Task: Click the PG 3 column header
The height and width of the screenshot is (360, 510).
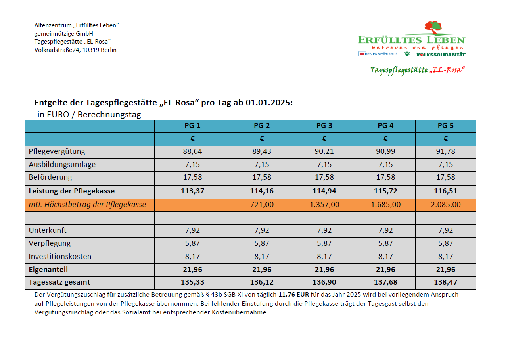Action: [324, 126]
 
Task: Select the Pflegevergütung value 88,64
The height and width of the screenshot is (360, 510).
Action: [192, 151]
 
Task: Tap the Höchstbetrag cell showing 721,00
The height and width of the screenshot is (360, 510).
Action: [262, 205]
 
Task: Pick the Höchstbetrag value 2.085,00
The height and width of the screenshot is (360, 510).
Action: [445, 205]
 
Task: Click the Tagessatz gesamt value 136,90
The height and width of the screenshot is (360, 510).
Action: [324, 282]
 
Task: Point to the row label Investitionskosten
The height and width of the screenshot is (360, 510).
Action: [60, 257]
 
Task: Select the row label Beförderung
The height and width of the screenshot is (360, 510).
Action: [50, 177]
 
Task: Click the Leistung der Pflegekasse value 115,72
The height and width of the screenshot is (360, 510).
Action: [385, 191]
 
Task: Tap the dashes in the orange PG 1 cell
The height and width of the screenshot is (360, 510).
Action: [192, 205]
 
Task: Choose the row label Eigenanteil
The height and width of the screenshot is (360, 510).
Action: [48, 270]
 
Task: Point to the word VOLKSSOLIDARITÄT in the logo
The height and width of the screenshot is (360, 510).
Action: [441, 54]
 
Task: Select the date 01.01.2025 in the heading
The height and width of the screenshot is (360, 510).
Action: [268, 103]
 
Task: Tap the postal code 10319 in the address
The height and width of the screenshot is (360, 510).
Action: [91, 50]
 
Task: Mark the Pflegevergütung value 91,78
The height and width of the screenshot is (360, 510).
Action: [445, 151]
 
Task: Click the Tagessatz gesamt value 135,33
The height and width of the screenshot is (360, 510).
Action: [192, 282]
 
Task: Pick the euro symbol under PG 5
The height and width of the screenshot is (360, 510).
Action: [445, 139]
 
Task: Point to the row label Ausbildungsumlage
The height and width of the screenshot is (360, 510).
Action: [62, 165]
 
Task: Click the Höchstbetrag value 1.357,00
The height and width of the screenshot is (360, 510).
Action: [324, 205]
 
